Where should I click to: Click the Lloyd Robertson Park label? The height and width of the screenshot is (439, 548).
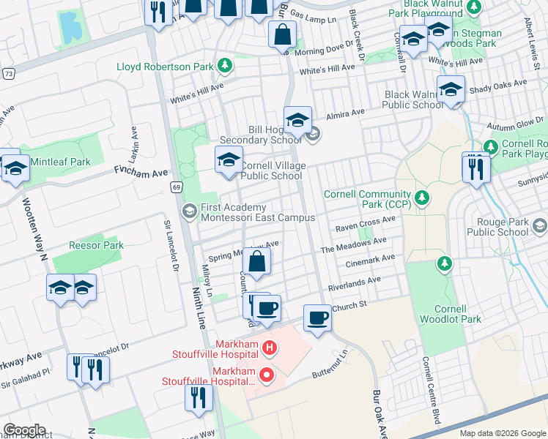[165, 67]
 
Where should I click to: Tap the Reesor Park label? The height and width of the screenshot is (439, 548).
[96, 245]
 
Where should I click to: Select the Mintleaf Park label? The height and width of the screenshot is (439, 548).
[60, 162]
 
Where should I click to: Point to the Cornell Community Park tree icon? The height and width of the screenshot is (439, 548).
[421, 197]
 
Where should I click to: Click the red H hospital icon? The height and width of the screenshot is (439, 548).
[269, 348]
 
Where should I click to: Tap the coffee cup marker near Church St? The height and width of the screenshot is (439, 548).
[317, 318]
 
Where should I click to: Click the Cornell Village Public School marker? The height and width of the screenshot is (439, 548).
[229, 160]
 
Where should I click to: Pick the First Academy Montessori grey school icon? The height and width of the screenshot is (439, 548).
[190, 211]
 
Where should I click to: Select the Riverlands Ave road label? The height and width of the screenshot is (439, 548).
[355, 280]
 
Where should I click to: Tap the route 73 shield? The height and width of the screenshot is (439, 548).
[8, 74]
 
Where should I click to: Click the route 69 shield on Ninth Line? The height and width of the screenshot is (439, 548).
[177, 187]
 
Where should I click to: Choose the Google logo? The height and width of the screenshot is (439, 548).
[24, 430]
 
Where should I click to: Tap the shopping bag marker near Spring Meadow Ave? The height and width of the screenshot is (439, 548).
[257, 263]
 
